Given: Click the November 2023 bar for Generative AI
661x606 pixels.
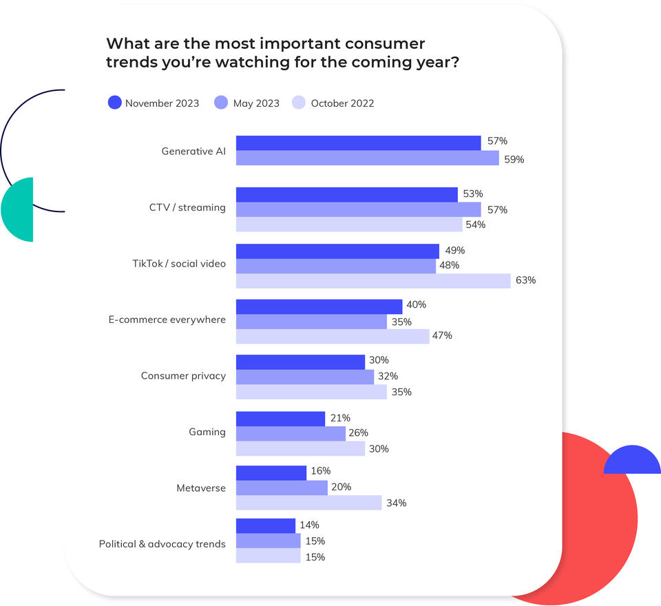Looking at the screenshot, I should [x=358, y=143].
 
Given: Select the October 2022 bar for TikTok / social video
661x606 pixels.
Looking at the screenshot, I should [x=373, y=280].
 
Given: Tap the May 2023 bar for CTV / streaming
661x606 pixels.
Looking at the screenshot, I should [x=358, y=209].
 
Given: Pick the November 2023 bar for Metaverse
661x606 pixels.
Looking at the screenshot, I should [x=271, y=472].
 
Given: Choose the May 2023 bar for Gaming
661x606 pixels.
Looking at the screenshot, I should [x=291, y=433].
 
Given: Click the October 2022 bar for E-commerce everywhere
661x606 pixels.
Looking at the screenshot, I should [x=333, y=336].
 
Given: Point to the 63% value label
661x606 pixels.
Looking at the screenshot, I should [x=525, y=280].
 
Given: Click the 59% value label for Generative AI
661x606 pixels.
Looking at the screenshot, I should [x=514, y=159].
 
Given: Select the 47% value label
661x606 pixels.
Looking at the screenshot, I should [x=442, y=335].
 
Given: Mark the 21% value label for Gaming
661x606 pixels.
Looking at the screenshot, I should [x=340, y=417].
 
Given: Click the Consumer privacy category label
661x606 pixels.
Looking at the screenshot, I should [x=183, y=376].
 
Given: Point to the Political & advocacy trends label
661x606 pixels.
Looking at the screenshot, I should [x=162, y=544].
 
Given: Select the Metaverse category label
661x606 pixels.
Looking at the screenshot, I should [x=200, y=488].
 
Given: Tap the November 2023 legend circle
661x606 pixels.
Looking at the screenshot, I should [x=115, y=103].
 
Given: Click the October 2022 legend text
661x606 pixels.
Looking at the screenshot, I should [x=342, y=103].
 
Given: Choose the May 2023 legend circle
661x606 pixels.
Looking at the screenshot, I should [x=222, y=103].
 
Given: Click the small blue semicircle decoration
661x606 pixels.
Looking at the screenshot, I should [x=632, y=461].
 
